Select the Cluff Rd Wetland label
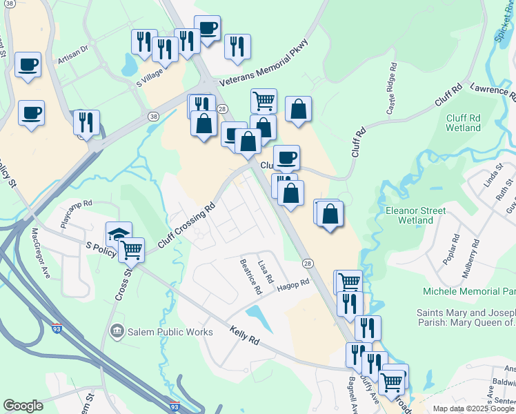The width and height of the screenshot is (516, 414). [463, 123]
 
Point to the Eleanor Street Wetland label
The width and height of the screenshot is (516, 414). [416, 215]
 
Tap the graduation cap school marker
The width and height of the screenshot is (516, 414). [119, 234]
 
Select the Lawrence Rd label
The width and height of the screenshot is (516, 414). [492, 90]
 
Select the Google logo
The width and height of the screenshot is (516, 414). [23, 406]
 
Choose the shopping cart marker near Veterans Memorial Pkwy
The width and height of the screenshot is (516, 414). [264, 101]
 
